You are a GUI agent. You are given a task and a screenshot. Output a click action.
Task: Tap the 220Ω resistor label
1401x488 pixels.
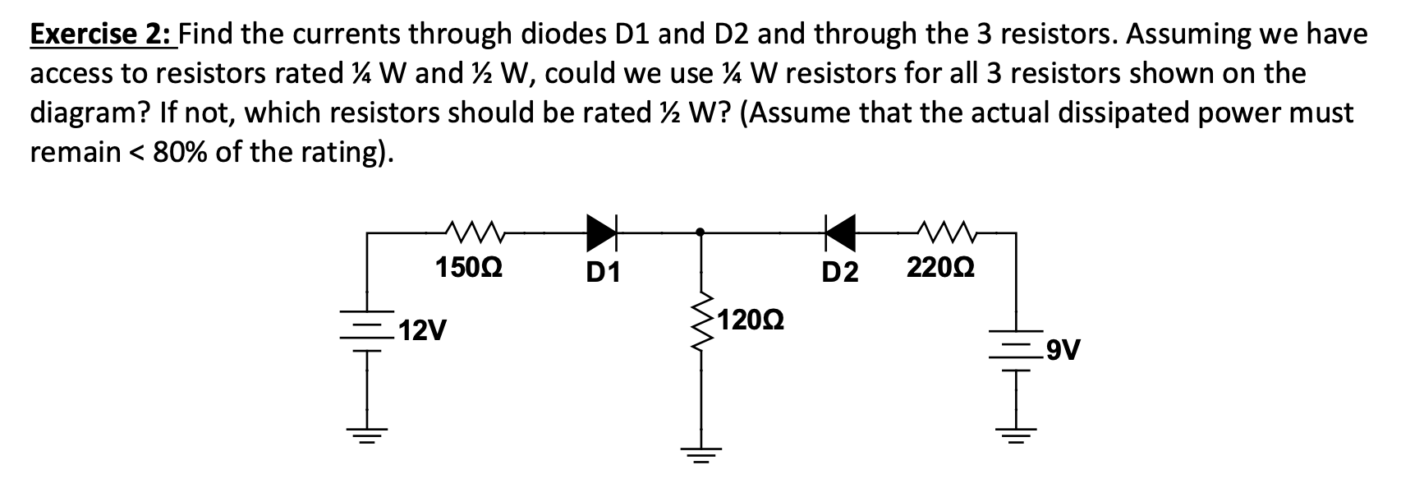941,268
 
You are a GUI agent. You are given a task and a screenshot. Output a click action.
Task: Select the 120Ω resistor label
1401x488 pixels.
751,320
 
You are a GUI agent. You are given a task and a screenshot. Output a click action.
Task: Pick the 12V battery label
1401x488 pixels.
425,332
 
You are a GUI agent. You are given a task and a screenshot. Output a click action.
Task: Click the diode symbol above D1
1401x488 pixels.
602,232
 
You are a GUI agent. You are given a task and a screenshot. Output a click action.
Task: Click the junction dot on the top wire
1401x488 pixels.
700,232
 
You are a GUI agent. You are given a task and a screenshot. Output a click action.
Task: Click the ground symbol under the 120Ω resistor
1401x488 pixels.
700,454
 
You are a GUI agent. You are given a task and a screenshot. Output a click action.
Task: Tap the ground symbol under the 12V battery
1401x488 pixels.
366,435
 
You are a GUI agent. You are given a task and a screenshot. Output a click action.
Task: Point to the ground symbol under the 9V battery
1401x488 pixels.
1017,433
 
